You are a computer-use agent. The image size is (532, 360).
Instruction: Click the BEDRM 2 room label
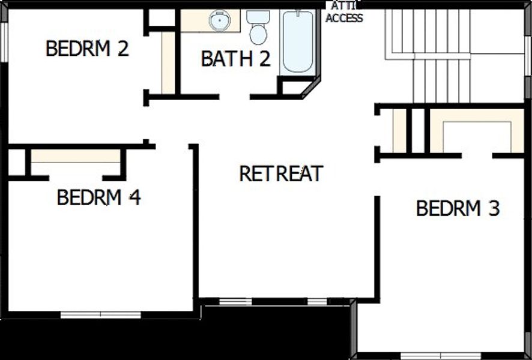click(87, 49)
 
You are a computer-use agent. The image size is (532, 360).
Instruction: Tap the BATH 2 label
click(235, 59)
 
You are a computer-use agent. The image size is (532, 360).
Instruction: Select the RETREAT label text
click(281, 173)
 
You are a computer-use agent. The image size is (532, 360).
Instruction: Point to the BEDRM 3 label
click(458, 208)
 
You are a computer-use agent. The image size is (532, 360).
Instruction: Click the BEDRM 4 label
click(98, 197)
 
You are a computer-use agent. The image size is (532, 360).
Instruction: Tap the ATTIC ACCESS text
click(343, 13)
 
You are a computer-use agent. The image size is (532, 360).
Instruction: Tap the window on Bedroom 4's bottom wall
click(100, 314)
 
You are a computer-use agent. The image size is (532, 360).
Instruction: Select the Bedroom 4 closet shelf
click(76, 156)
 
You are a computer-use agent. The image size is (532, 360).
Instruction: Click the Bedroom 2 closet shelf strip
click(168, 63)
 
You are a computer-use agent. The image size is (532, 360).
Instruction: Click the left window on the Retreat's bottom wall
click(235, 301)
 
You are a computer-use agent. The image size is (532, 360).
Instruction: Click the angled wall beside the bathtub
click(311, 87)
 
